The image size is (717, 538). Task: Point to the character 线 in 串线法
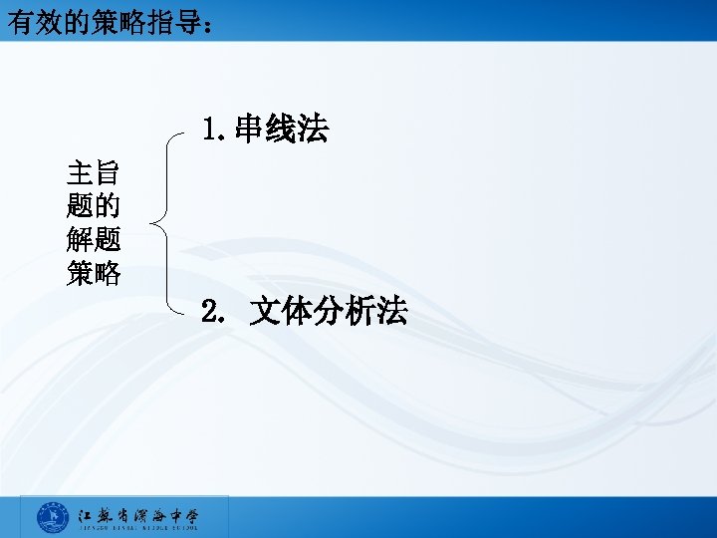click(282, 129)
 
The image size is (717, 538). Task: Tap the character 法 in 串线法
click(314, 129)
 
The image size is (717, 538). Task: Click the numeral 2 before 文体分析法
click(210, 312)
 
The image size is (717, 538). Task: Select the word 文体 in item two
click(280, 312)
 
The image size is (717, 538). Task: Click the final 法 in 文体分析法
click(392, 312)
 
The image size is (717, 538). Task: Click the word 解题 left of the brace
click(94, 240)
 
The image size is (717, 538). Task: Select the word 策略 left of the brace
click(94, 273)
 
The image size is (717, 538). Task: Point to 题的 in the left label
click(94, 207)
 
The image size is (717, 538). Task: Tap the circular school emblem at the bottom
click(52, 517)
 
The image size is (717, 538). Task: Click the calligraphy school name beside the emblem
click(139, 514)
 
